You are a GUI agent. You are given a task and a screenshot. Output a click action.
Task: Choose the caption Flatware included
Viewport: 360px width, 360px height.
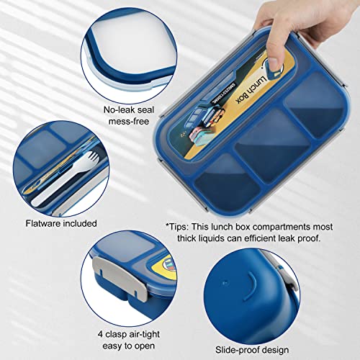pos(61,223)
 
